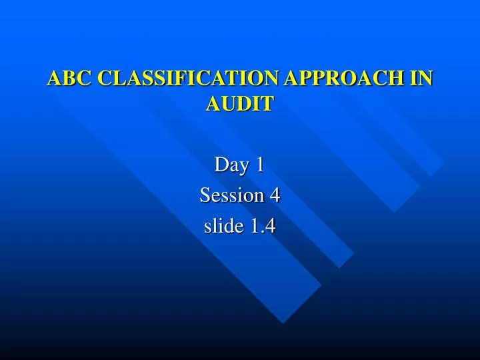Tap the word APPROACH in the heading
pos(346,79)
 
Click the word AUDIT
pos(240,104)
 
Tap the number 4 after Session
pos(275,195)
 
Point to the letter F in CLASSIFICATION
pos(177,79)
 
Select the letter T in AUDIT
pos(267,104)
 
